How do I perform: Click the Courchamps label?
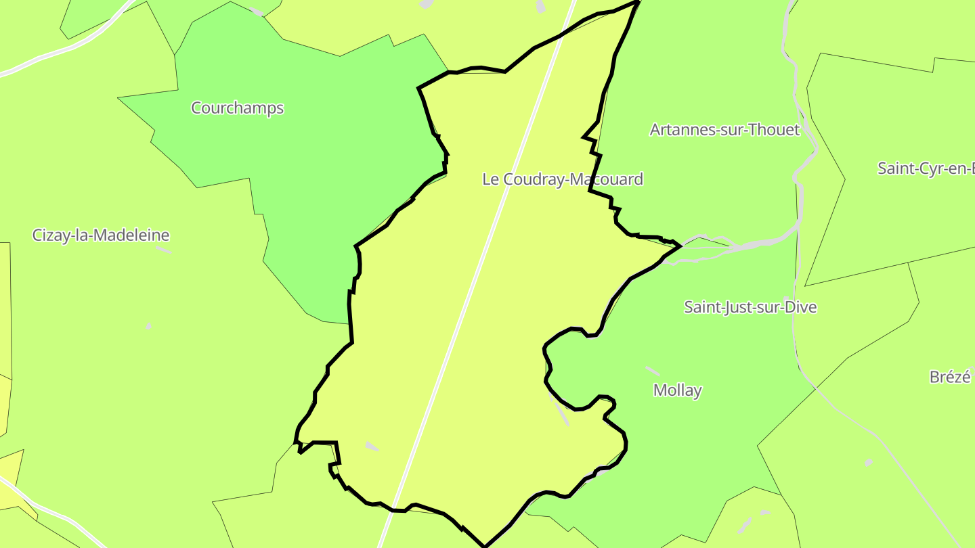click(x=237, y=108)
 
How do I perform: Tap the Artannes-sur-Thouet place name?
click(x=724, y=130)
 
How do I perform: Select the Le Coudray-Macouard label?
click(x=562, y=179)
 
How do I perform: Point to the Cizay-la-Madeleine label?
click(x=101, y=235)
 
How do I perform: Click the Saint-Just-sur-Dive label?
click(x=750, y=307)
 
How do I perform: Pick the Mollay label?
click(x=677, y=390)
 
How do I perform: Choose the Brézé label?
click(x=950, y=377)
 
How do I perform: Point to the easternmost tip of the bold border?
click(x=680, y=246)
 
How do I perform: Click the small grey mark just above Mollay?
click(x=653, y=371)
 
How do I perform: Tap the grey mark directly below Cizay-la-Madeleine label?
click(x=163, y=250)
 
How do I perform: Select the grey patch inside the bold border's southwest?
click(x=372, y=447)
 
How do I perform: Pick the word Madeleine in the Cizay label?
click(x=133, y=235)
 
